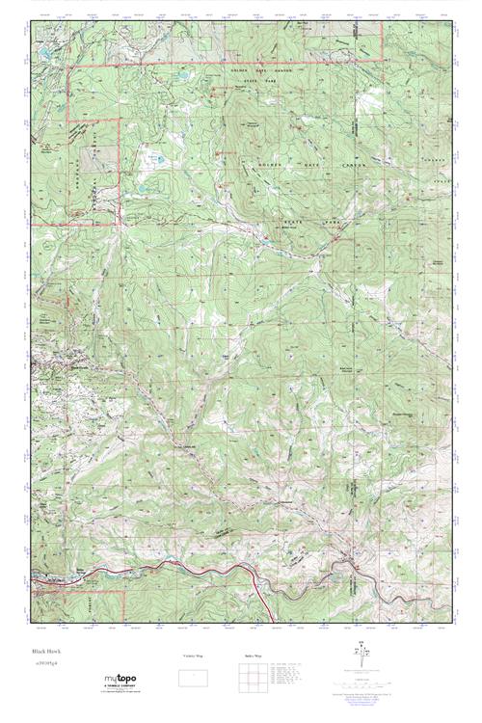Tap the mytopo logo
122,680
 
